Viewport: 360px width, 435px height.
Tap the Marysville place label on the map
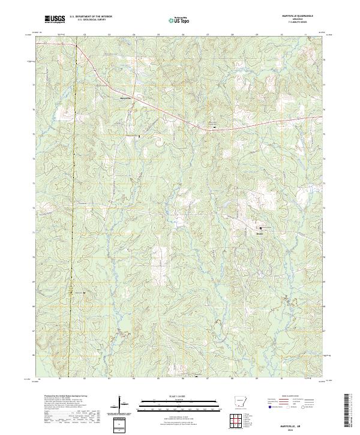[125, 98]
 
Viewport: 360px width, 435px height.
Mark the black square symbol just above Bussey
[261, 228]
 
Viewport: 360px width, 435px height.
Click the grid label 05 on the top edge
[158, 35]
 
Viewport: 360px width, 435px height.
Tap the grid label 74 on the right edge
[325, 158]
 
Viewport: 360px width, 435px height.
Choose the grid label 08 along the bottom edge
[232, 379]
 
